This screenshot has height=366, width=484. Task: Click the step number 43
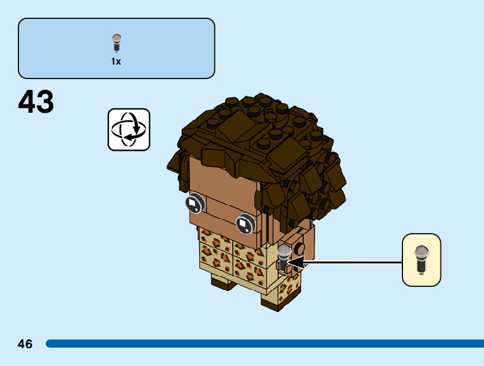click(36, 103)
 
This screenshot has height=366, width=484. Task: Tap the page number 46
click(25, 344)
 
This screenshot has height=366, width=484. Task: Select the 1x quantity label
click(116, 62)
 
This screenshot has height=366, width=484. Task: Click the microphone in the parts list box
click(116, 43)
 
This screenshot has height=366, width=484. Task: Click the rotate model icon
click(129, 129)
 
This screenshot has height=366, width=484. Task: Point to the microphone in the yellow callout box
click(421, 260)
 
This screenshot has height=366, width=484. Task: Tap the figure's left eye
click(194, 203)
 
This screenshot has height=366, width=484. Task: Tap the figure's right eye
click(244, 224)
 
